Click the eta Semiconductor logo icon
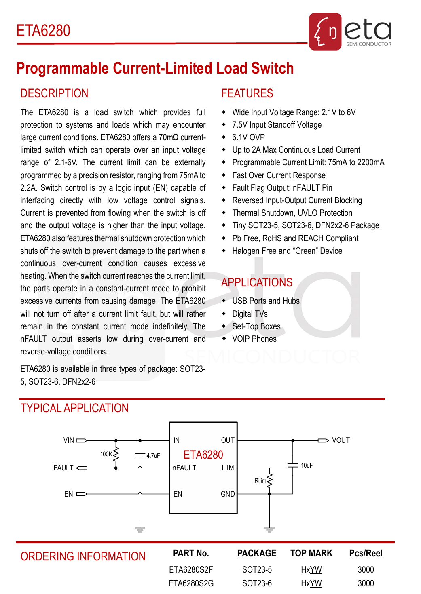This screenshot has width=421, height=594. click(x=325, y=32)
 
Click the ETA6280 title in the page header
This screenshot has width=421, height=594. click(x=43, y=31)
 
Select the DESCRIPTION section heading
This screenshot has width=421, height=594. click(x=54, y=93)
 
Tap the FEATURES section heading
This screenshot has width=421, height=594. click(x=247, y=93)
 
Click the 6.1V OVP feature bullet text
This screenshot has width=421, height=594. click(x=248, y=137)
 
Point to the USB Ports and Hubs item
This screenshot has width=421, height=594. click(x=266, y=301)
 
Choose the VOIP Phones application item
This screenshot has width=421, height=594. click(x=254, y=339)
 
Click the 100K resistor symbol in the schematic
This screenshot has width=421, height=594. click(x=116, y=455)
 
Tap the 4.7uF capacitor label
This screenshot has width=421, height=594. click(x=153, y=456)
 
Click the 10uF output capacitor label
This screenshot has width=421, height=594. click(x=307, y=466)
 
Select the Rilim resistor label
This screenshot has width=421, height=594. click(x=260, y=481)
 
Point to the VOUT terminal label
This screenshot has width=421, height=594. click(x=341, y=440)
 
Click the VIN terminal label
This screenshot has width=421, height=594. click(x=69, y=440)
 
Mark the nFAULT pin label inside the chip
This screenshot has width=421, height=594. click(x=184, y=468)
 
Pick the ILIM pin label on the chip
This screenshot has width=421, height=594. click(x=228, y=468)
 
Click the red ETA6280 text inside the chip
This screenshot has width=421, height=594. click(x=203, y=455)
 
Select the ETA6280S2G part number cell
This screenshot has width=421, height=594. click(x=191, y=583)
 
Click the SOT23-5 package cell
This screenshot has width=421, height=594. click(x=257, y=570)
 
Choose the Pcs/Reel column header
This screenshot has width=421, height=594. click(x=366, y=554)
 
